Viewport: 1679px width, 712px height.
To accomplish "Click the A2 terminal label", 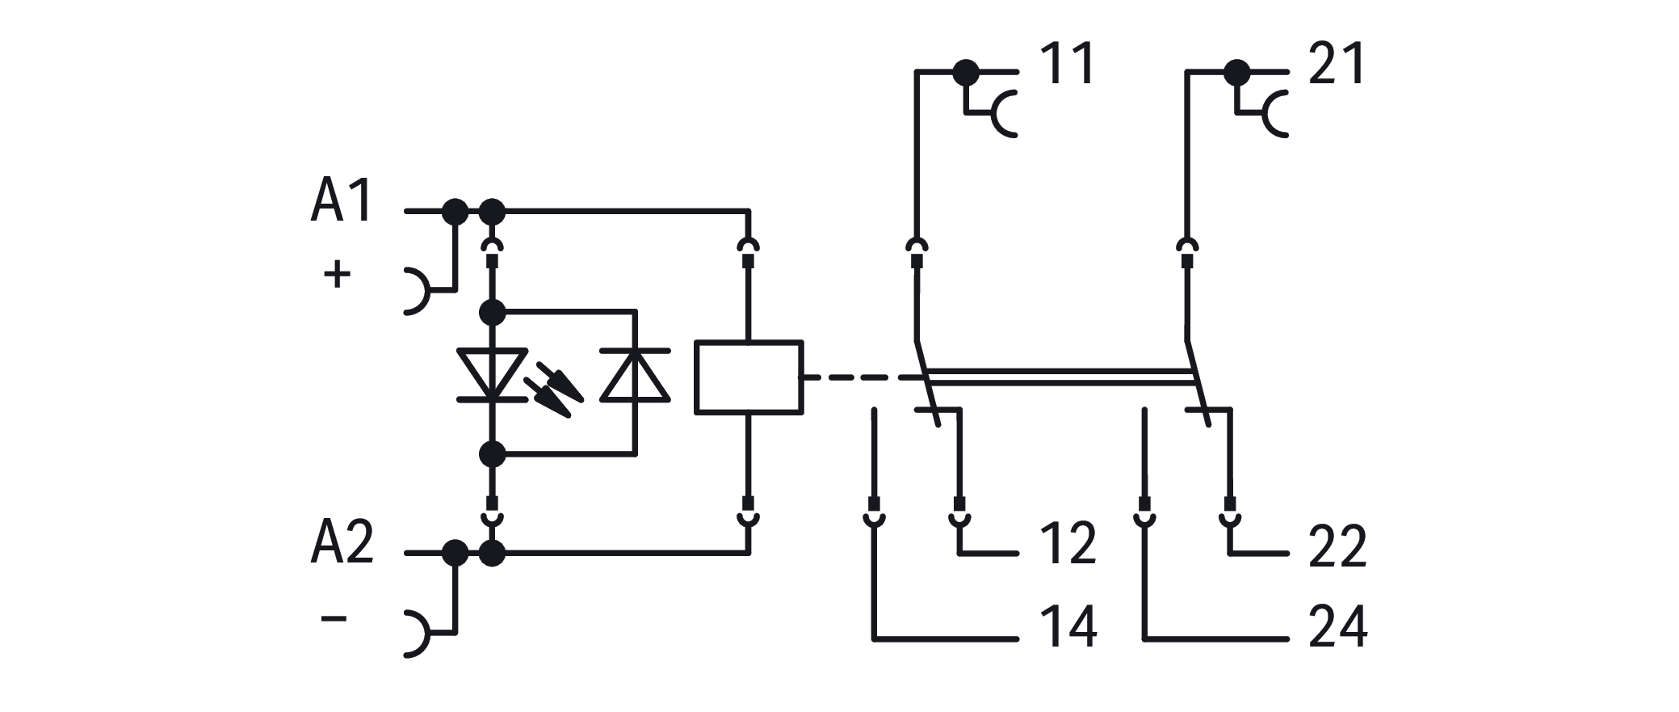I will tap(342, 542).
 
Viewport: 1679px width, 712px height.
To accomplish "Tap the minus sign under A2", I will tap(334, 619).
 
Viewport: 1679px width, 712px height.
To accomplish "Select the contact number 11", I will tap(1068, 64).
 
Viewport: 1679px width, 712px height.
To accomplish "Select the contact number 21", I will tap(1337, 64).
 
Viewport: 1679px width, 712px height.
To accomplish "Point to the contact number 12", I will tap(1068, 544).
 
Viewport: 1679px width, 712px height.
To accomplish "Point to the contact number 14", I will tap(1068, 626).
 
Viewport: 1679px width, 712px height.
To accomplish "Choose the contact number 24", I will tap(1337, 626).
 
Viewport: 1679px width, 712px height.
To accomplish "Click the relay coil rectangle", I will tap(749, 378).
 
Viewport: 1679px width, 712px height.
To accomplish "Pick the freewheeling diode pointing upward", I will tap(635, 376).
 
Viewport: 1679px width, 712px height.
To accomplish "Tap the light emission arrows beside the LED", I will tap(554, 390).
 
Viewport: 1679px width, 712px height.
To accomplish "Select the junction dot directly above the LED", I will tap(492, 311).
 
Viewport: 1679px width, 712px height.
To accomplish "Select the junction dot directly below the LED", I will tap(492, 454).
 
